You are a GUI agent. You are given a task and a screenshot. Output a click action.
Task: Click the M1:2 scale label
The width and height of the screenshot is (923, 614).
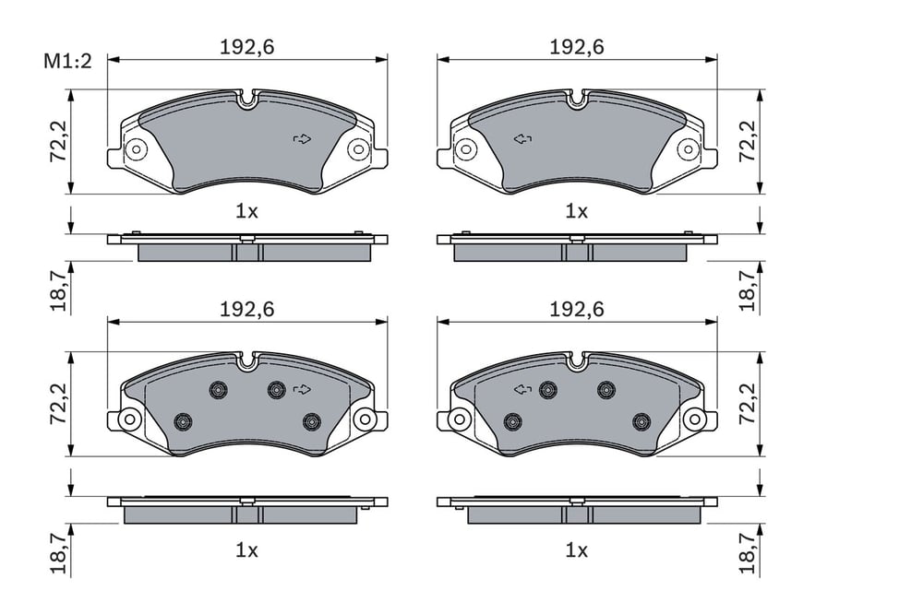(67, 61)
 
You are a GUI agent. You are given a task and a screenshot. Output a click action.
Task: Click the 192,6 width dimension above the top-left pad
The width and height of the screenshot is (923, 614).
(247, 47)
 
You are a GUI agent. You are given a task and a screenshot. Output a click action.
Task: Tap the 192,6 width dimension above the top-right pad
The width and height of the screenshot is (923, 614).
(577, 47)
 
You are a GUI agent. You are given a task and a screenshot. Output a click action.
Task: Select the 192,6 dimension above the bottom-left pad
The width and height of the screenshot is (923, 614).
(247, 310)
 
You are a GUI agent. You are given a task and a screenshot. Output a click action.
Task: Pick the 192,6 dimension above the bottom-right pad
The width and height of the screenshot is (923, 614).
(577, 310)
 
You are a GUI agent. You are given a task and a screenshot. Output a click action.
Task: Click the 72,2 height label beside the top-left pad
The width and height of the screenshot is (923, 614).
(58, 142)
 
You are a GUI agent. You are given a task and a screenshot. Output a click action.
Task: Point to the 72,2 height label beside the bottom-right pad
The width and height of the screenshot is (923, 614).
(747, 405)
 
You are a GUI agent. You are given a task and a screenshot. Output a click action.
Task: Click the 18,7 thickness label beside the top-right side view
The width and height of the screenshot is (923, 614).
(747, 291)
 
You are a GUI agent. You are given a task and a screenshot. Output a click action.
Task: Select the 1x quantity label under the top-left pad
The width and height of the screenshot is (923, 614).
(246, 212)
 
